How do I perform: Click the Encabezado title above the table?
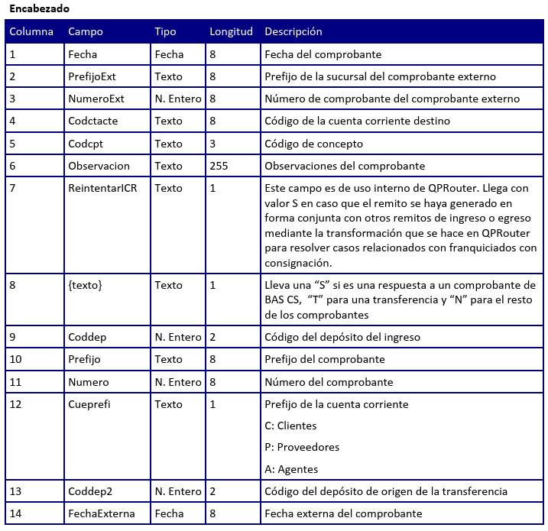pos(39,9)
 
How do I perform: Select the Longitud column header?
pos(231,32)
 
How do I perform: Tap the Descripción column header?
pos(293,32)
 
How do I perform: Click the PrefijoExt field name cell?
pos(93,76)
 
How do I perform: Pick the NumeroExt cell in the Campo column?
pos(96,99)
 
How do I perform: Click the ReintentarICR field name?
pos(103,188)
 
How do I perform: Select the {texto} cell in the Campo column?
pos(85,285)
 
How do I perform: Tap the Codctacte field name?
pos(93,121)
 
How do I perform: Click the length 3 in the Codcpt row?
pos(212,144)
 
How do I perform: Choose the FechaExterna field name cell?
pos(102,513)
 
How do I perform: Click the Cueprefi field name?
pos(89,404)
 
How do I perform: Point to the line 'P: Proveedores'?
pos(302,447)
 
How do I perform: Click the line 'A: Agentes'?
pos(291,469)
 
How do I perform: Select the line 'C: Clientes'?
pos(290,426)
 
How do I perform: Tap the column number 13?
pos(15,491)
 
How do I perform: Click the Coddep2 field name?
pos(90,491)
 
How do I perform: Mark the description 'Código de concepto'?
pos(313,144)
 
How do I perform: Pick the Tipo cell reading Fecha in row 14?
pos(169,513)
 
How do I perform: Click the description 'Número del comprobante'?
pos(329,382)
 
